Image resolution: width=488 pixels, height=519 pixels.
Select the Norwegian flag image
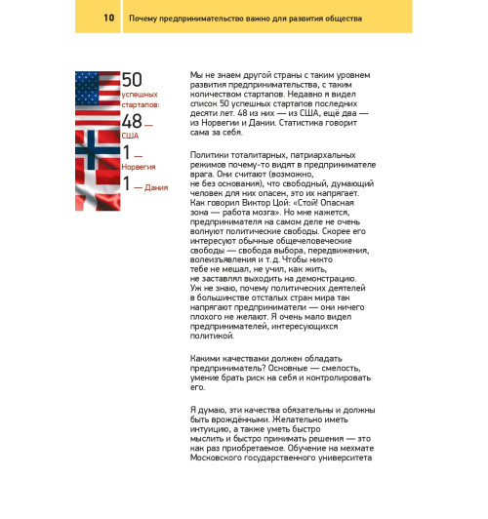click(x=98, y=150)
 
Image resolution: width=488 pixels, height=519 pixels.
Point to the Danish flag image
click(x=98, y=183)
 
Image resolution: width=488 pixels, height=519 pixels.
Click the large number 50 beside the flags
click(x=133, y=80)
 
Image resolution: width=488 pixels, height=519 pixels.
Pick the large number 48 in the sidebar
click(x=132, y=123)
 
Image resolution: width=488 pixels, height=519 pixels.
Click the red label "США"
click(x=131, y=136)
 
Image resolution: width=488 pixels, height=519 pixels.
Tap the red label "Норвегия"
click(x=138, y=166)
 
